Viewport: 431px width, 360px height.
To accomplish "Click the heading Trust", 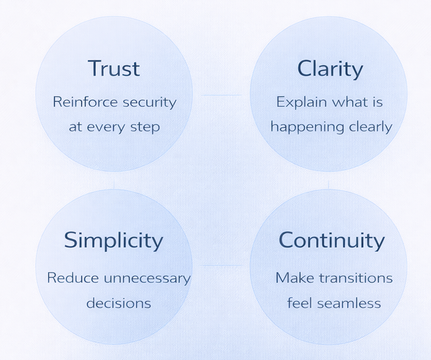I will pos(114,68).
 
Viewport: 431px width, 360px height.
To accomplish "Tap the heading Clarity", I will pos(330,69).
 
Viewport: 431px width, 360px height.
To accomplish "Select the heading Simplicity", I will pos(114,240).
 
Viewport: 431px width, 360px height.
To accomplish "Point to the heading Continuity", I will pos(331,240).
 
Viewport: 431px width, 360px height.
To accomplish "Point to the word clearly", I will pos(370,127).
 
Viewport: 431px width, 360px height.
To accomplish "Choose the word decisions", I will pos(118,303).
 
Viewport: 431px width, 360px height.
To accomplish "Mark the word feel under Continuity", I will pos(299,303).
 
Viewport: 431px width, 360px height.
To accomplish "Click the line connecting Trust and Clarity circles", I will pos(221,95).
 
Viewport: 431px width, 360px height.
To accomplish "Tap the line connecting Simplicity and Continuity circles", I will pos(221,265).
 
